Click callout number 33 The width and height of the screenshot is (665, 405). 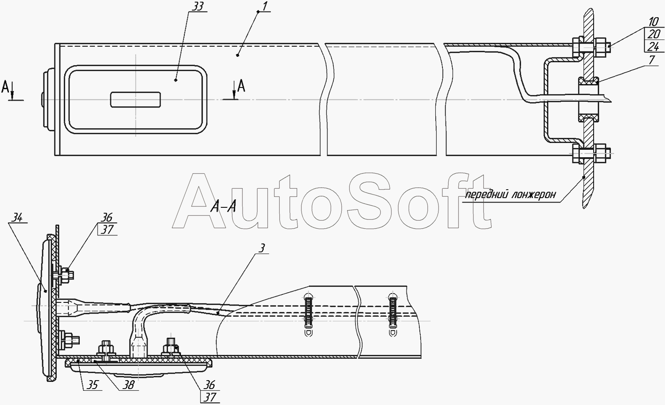[197, 7]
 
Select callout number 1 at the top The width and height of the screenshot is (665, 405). [265, 6]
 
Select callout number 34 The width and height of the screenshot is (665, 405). [17, 218]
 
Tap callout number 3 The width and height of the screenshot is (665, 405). [262, 248]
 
